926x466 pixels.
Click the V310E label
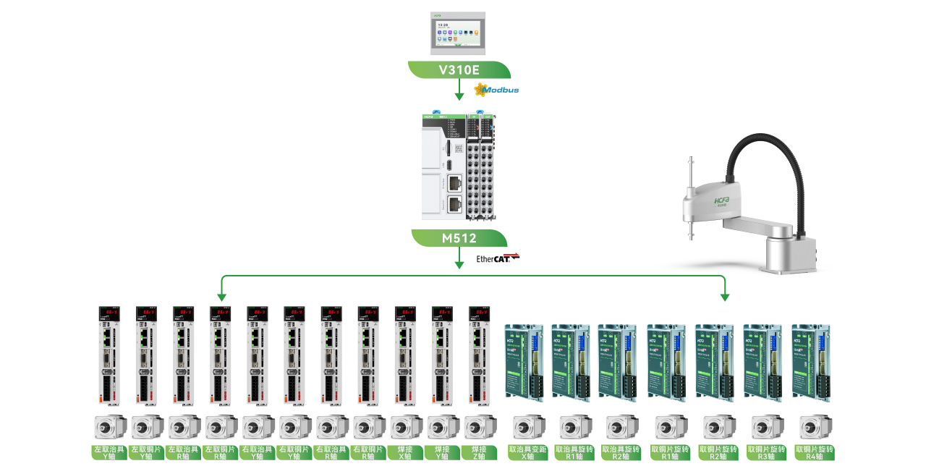tap(459, 69)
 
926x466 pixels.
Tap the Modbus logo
tap(497, 90)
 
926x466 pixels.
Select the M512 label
tap(459, 238)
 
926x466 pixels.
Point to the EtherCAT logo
tap(498, 258)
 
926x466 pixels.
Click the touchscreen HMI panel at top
tap(459, 33)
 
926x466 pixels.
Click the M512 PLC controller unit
tap(458, 166)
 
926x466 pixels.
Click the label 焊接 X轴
tap(405, 452)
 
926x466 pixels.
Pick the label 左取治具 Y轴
tap(109, 452)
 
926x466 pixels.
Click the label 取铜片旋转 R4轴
tap(815, 452)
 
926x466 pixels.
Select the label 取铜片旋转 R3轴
tap(767, 452)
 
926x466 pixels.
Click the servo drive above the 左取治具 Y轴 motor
tap(109, 355)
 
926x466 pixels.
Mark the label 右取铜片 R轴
tap(368, 452)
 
